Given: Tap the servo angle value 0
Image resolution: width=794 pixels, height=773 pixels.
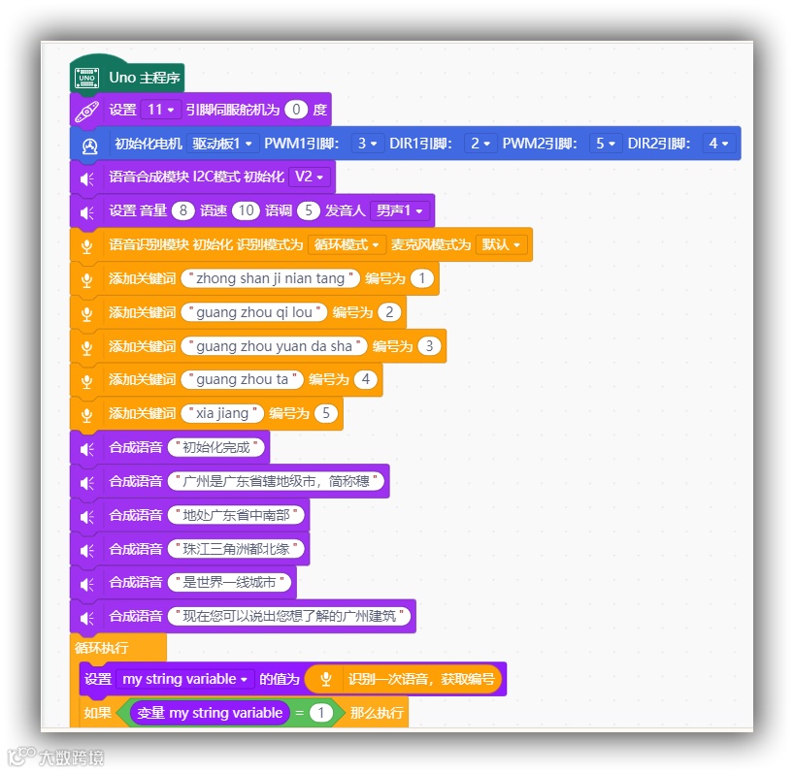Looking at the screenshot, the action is (296, 110).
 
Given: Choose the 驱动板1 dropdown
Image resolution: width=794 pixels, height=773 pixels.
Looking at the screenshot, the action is (222, 144).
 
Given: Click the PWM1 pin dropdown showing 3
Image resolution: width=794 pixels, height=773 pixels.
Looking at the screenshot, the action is (367, 144).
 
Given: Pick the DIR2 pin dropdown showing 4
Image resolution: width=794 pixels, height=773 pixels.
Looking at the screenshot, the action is (719, 144).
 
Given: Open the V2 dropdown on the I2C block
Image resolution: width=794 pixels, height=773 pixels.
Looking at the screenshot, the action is (310, 177).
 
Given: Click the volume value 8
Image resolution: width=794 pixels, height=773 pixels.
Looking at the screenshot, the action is (182, 210).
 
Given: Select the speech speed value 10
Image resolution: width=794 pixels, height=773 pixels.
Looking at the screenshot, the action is (246, 210).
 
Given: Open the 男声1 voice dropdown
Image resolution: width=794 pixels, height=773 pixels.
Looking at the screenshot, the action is (401, 210).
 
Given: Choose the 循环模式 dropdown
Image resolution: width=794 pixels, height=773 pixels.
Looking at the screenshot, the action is (347, 244).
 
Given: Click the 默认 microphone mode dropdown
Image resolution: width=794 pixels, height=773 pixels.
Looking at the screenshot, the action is (502, 244).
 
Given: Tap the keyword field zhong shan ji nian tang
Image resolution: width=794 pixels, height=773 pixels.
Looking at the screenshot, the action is (270, 278).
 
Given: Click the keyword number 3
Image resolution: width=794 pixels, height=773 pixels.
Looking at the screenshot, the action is (429, 346).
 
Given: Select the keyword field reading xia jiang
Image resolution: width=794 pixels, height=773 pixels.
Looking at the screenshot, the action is (222, 413).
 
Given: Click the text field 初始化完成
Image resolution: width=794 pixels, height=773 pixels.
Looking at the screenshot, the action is (216, 447).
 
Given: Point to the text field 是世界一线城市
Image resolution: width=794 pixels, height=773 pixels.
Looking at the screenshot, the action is (229, 582).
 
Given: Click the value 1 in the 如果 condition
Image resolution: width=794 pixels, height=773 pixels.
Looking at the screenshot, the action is (321, 713).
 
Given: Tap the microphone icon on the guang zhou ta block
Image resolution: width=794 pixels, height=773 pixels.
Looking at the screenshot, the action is (85, 380).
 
